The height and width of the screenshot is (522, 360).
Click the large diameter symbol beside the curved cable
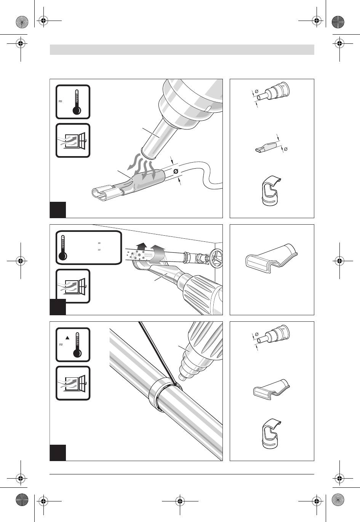176,172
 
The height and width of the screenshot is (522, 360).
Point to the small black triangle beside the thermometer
68,337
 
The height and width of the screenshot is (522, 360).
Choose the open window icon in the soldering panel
73,383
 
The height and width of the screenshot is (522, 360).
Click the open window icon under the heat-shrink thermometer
73,140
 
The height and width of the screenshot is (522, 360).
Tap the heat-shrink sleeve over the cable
147,180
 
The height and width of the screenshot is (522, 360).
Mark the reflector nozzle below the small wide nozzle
271,433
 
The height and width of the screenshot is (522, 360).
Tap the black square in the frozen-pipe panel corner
58,307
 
